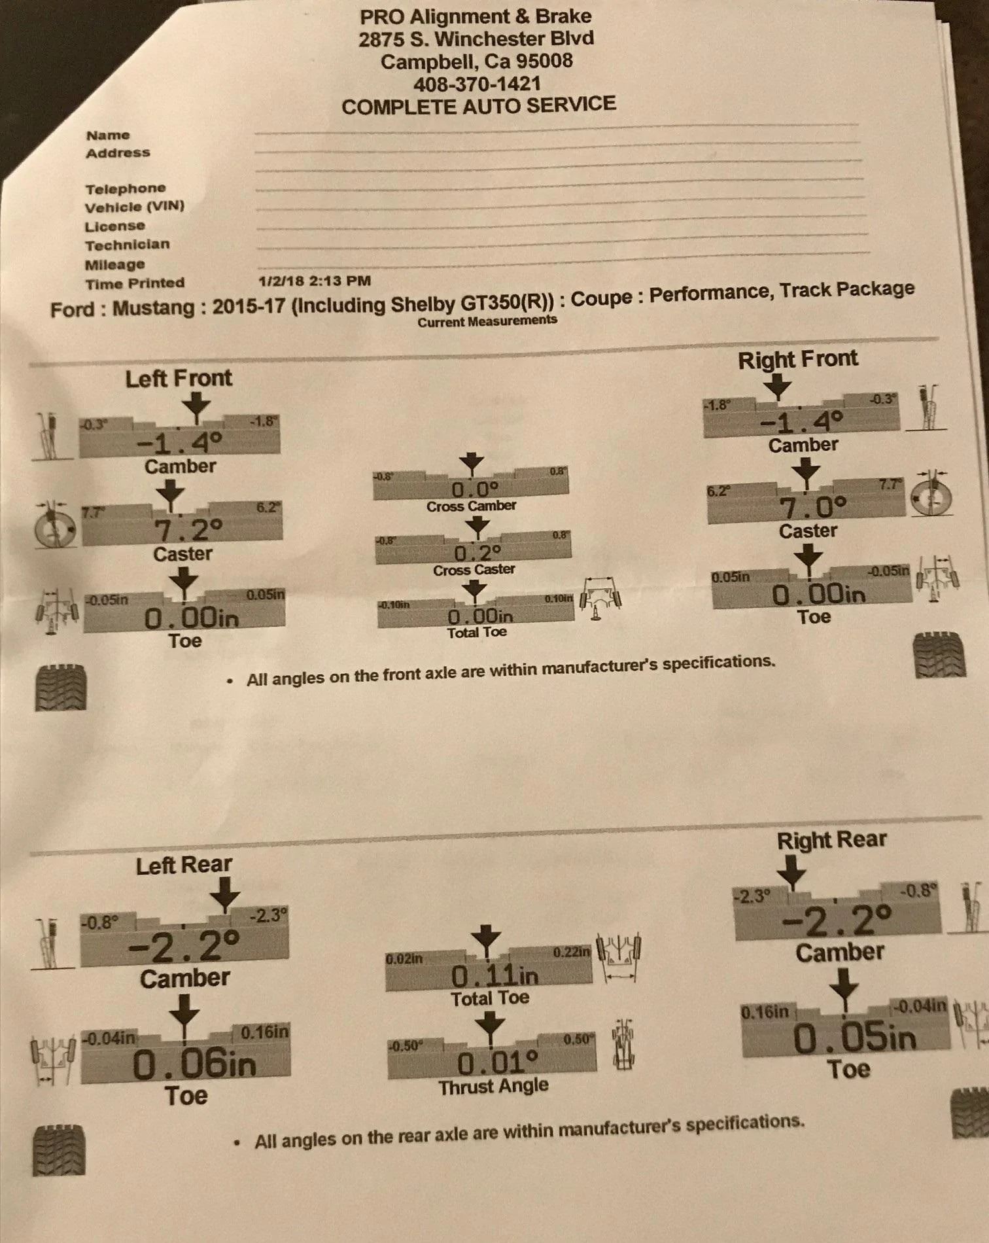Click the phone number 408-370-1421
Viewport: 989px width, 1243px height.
pyautogui.click(x=477, y=83)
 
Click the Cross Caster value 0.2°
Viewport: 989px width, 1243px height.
pyautogui.click(x=477, y=553)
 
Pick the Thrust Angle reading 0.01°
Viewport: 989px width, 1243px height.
pyautogui.click(x=497, y=1063)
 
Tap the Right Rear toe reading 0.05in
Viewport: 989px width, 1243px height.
pyautogui.click(x=854, y=1038)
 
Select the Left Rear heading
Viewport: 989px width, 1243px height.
pyautogui.click(x=184, y=866)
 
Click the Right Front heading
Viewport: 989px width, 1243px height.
pyautogui.click(x=798, y=359)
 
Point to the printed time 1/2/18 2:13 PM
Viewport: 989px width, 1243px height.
pyautogui.click(x=315, y=281)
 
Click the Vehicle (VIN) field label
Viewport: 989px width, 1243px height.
pyautogui.click(x=135, y=207)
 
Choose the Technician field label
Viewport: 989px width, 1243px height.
pyautogui.click(x=127, y=245)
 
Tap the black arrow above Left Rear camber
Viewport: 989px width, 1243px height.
pyautogui.click(x=226, y=893)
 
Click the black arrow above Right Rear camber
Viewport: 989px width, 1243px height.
pyautogui.click(x=792, y=872)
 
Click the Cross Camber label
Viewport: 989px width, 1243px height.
pyautogui.click(x=471, y=506)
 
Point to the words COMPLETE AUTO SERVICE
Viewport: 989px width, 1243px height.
pyautogui.click(x=479, y=105)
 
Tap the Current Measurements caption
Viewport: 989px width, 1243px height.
pyautogui.click(x=487, y=321)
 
